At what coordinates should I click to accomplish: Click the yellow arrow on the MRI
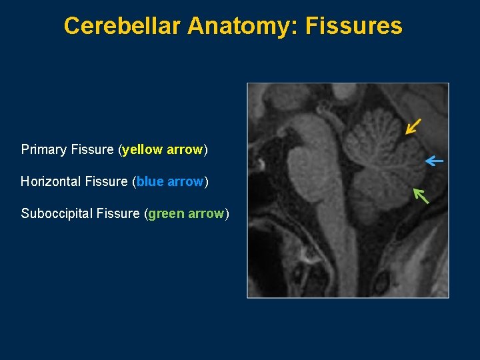click(x=413, y=126)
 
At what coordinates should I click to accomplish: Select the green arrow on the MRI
click(x=421, y=195)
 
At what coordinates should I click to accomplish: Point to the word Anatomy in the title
click(x=244, y=26)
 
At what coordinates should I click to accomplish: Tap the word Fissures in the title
click(x=354, y=26)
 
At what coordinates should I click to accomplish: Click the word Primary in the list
click(x=43, y=149)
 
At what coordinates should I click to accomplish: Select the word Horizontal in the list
click(x=49, y=181)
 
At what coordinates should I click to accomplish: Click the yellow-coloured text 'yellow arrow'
click(x=163, y=149)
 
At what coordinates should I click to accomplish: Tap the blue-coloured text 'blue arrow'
click(x=170, y=181)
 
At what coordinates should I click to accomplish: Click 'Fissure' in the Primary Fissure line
click(x=92, y=149)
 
